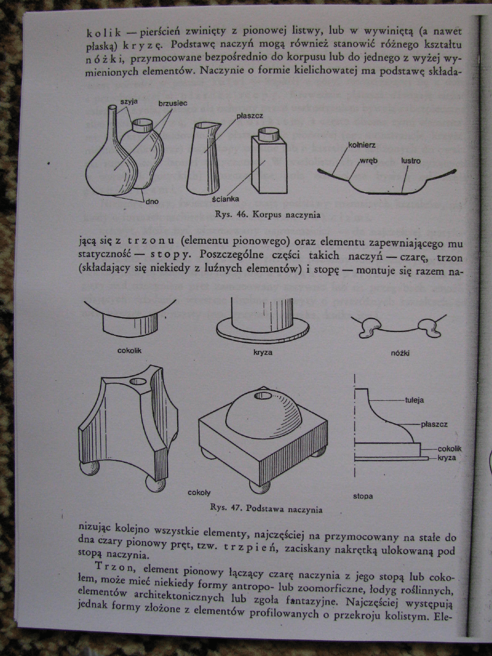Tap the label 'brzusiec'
(172, 102)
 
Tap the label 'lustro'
(410, 160)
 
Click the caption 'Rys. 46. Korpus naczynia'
(267, 216)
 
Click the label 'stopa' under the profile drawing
(363, 496)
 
